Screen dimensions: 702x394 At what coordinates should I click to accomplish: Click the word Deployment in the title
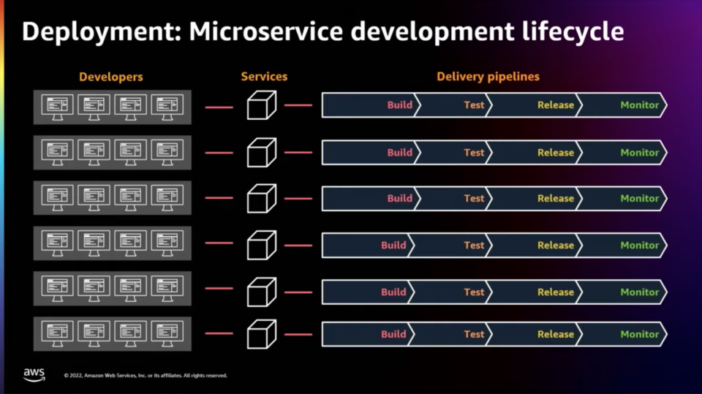pos(101,32)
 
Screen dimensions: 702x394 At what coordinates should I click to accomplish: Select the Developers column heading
pos(111,77)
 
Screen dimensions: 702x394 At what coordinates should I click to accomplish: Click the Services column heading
pos(264,77)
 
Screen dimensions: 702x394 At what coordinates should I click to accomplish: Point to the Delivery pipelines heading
pos(488,77)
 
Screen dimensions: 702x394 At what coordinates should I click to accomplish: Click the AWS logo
pos(34,375)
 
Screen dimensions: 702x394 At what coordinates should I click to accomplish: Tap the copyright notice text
pos(146,375)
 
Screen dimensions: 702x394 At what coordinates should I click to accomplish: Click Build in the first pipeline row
pos(400,105)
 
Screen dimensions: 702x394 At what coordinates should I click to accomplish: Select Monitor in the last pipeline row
pos(640,334)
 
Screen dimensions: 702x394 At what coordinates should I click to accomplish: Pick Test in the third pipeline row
pos(474,198)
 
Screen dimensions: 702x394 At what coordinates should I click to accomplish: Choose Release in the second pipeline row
pos(556,153)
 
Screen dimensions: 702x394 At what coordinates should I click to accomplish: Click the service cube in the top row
pos(262,105)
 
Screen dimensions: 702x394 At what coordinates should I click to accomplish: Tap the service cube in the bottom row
pos(262,334)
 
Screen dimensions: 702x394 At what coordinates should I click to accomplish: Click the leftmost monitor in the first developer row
pos(57,107)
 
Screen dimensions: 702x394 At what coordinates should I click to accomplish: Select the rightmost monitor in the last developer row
pos(167,333)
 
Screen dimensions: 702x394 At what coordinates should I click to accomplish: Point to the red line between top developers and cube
pos(219,107)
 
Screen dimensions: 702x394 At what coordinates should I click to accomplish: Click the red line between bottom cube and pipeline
pos(298,335)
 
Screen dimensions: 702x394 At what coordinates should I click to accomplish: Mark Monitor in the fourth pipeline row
pos(640,246)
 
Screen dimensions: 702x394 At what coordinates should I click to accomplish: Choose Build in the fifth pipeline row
pos(393,292)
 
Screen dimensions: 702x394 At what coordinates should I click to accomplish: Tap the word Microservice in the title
pos(266,31)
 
